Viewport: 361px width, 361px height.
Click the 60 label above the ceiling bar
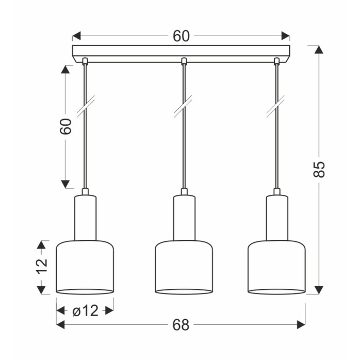(x=181, y=36)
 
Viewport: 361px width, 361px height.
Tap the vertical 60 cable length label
(x=65, y=126)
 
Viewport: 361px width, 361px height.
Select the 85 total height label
(x=319, y=170)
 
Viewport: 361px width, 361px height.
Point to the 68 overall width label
(x=181, y=325)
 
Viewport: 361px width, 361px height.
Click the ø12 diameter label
(x=86, y=311)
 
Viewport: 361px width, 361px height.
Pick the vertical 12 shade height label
(x=41, y=266)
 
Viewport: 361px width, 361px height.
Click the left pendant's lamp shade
(x=85, y=268)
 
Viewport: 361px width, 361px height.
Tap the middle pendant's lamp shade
(x=184, y=268)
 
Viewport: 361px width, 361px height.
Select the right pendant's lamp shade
(x=277, y=268)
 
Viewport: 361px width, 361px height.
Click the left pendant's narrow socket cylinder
(x=85, y=218)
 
